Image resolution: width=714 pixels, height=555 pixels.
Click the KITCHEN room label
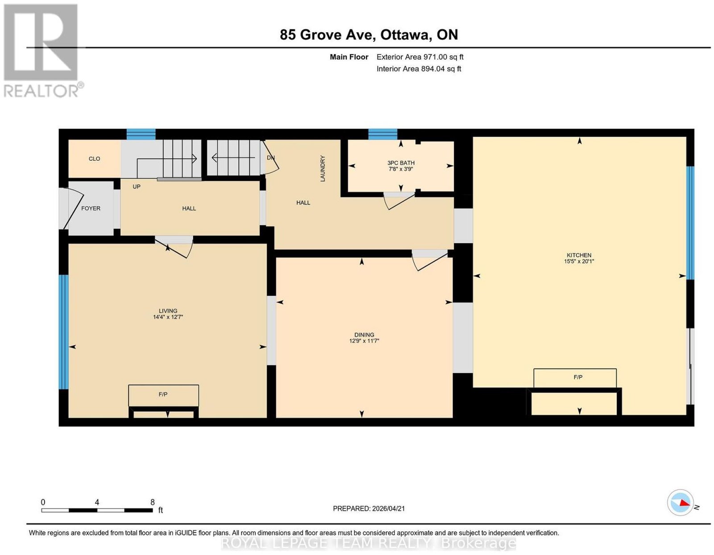(x=579, y=255)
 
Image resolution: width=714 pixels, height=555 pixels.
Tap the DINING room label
(x=364, y=335)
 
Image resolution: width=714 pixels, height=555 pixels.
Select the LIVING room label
(x=168, y=311)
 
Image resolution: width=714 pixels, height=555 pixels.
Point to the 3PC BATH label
(x=401, y=163)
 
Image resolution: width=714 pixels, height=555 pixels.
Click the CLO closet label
(x=94, y=159)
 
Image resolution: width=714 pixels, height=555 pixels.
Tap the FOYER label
(x=91, y=209)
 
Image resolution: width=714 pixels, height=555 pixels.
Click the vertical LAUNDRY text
(x=322, y=169)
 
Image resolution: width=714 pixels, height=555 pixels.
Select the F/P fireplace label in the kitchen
(x=578, y=377)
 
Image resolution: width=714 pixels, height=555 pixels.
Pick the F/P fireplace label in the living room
(x=163, y=394)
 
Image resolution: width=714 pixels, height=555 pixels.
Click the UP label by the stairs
(x=137, y=187)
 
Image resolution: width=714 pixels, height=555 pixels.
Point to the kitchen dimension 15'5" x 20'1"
(x=579, y=262)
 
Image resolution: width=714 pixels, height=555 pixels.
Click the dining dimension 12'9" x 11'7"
(x=364, y=341)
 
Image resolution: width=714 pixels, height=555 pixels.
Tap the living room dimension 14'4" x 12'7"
(x=168, y=317)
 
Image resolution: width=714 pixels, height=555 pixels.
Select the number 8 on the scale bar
(x=153, y=502)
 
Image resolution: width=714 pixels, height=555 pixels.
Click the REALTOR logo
(x=43, y=51)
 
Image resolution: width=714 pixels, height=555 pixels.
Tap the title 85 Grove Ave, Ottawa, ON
(x=369, y=34)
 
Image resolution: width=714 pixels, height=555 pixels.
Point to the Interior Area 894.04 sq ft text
(x=419, y=69)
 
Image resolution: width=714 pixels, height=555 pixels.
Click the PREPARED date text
(x=369, y=508)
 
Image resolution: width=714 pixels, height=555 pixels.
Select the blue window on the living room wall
(x=63, y=332)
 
